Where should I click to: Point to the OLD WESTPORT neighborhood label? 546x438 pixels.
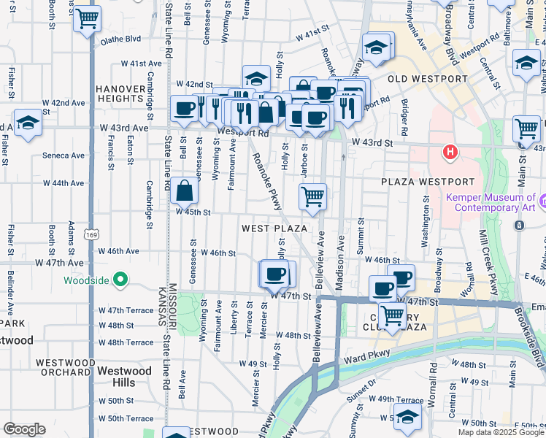pos(427,79)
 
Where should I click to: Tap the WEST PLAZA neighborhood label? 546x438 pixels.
pos(274,228)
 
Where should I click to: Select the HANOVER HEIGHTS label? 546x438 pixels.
pos(129,93)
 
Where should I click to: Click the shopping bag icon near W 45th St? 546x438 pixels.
pos(185,192)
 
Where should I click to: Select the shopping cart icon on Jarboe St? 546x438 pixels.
pos(312,196)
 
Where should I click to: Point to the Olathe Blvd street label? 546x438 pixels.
pos(120,39)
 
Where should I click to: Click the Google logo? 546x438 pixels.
pos(25,429)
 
